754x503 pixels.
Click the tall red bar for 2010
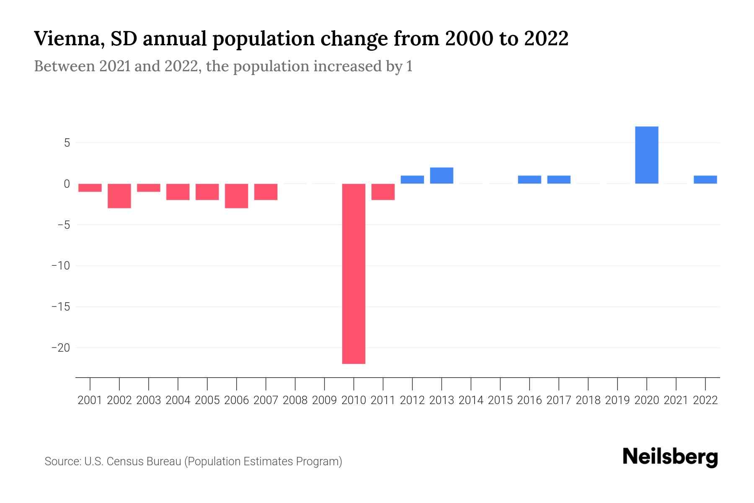point(354,273)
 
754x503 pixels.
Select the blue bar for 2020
point(646,155)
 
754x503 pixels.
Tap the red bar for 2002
point(119,196)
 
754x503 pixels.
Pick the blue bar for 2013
point(442,176)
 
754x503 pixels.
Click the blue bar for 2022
point(705,179)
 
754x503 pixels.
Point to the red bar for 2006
point(236,196)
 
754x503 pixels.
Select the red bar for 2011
point(383,192)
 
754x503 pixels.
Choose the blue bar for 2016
point(529,179)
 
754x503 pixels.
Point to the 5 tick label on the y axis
point(67,143)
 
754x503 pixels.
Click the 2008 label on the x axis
point(295,400)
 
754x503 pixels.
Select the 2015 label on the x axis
point(500,400)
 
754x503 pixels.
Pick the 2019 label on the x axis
point(617,400)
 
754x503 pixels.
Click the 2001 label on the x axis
point(90,400)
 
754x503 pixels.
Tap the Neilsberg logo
point(670,457)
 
